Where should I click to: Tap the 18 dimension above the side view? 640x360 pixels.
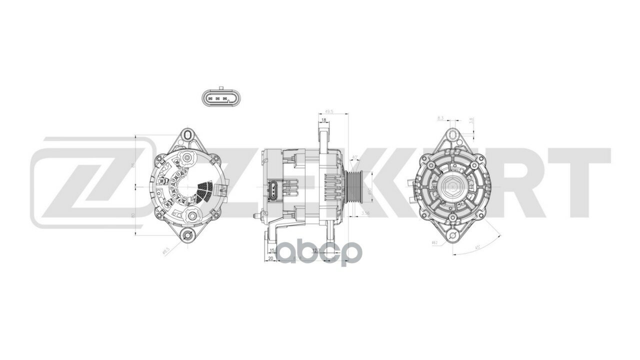click(x=324, y=120)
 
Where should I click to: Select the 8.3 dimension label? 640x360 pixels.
click(x=440, y=118)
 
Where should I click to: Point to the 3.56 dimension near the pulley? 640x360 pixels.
click(x=365, y=213)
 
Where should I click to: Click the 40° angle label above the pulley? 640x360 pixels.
click(x=354, y=158)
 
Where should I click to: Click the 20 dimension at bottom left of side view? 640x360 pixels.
click(x=270, y=258)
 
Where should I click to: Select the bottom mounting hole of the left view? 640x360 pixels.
click(x=187, y=235)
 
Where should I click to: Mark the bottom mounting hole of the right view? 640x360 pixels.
click(x=452, y=235)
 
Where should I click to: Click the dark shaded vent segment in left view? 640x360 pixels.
click(x=205, y=189)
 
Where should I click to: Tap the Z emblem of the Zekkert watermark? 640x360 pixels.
click(x=85, y=183)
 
